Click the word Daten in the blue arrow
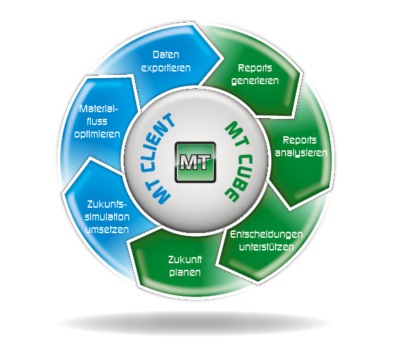[x=166, y=55]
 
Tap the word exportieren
[x=166, y=68]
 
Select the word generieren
[x=255, y=81]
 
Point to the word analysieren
[x=301, y=153]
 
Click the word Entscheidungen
[x=266, y=234]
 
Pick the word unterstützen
[x=266, y=247]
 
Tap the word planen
[x=185, y=273]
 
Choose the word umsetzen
[x=107, y=230]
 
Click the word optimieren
[x=97, y=134]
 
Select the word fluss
[x=97, y=122]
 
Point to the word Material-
[x=99, y=109]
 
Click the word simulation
[x=107, y=217]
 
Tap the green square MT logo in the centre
[x=196, y=162]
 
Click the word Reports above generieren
[x=255, y=68]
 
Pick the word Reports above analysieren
[x=300, y=140]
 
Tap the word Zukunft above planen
[x=185, y=260]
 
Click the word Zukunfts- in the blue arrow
[x=107, y=204]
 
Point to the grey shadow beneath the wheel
[x=195, y=323]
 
